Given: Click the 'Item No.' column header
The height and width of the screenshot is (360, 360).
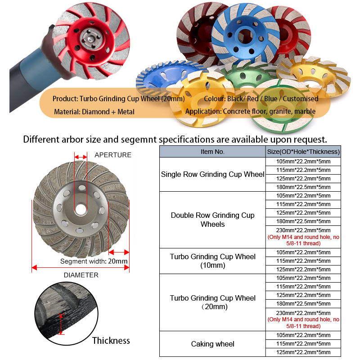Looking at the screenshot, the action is [x=212, y=152].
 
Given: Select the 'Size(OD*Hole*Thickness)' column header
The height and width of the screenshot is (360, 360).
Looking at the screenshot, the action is [x=303, y=152].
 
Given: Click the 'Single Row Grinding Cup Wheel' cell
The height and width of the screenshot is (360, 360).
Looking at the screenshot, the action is [x=212, y=174].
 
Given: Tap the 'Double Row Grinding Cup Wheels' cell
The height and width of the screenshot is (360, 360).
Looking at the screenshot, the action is [x=212, y=220].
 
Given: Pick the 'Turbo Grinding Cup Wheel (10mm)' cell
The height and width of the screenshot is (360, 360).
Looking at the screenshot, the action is [x=212, y=261].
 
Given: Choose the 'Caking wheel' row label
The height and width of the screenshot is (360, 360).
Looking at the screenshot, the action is [x=212, y=344].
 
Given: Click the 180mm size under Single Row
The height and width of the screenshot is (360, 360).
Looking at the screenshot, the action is [x=303, y=187].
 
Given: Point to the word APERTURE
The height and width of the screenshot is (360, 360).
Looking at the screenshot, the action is [x=113, y=155].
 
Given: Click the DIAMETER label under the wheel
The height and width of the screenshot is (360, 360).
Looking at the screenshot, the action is [x=81, y=275].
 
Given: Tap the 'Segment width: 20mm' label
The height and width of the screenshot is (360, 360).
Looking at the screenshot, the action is [x=94, y=261].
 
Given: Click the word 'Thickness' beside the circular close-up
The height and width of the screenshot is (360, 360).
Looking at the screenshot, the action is [x=111, y=341].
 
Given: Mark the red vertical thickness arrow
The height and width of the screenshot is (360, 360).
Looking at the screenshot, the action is [x=61, y=324].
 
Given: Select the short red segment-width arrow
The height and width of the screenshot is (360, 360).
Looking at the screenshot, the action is [x=119, y=252].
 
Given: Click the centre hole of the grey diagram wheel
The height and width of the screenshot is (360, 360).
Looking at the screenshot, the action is [x=81, y=209].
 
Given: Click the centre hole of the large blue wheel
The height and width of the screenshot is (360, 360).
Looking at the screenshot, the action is [x=245, y=36].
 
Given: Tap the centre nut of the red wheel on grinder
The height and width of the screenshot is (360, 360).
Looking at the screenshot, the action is [x=90, y=39].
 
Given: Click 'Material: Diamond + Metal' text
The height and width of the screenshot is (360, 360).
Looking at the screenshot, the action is [x=94, y=112].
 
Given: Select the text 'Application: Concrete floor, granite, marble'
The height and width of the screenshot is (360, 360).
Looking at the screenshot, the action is [x=250, y=111].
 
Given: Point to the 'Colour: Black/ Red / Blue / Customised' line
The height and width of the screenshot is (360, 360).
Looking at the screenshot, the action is [x=261, y=99].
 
